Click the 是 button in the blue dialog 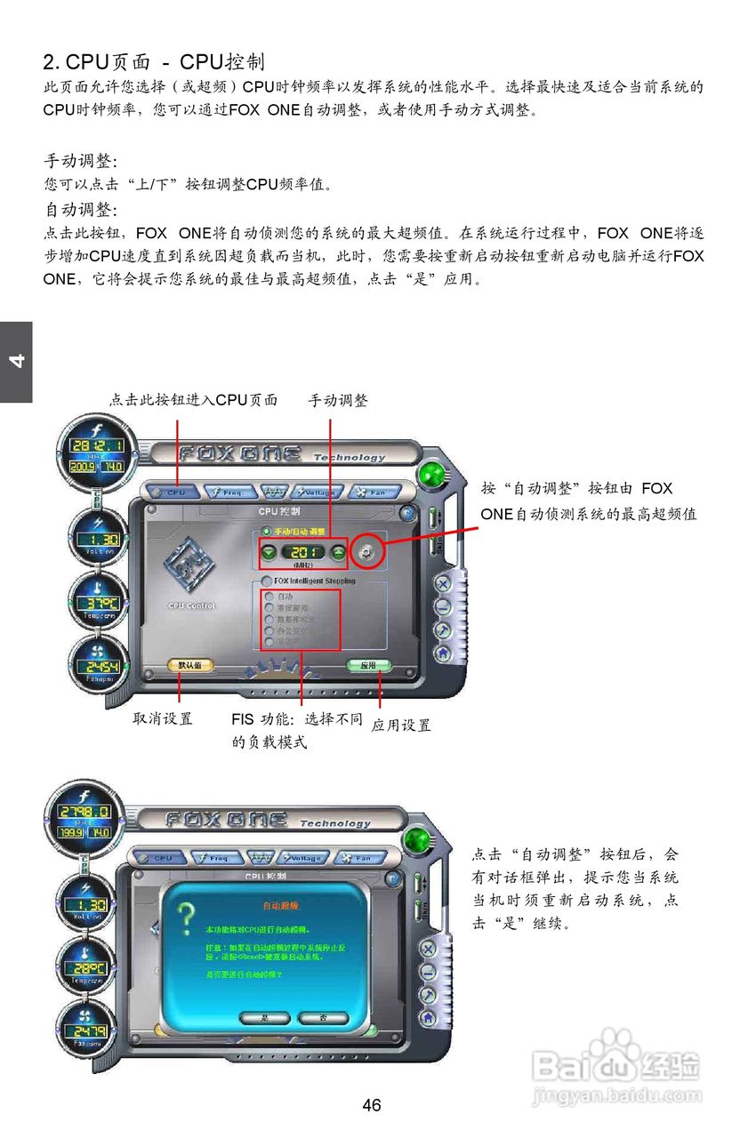[x=264, y=1017]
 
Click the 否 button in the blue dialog [x=322, y=1017]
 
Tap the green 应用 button [x=369, y=665]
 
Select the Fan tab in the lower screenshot [x=360, y=859]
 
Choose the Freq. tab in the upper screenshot [x=229, y=492]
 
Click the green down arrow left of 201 [x=269, y=552]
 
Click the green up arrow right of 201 [x=338, y=552]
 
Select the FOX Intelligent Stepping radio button [x=266, y=581]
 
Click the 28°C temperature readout [x=92, y=967]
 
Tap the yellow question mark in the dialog [x=184, y=919]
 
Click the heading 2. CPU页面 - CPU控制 [x=154, y=61]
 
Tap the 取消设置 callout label [x=163, y=718]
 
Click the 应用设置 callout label [x=401, y=725]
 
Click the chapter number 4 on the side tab [x=16, y=361]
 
